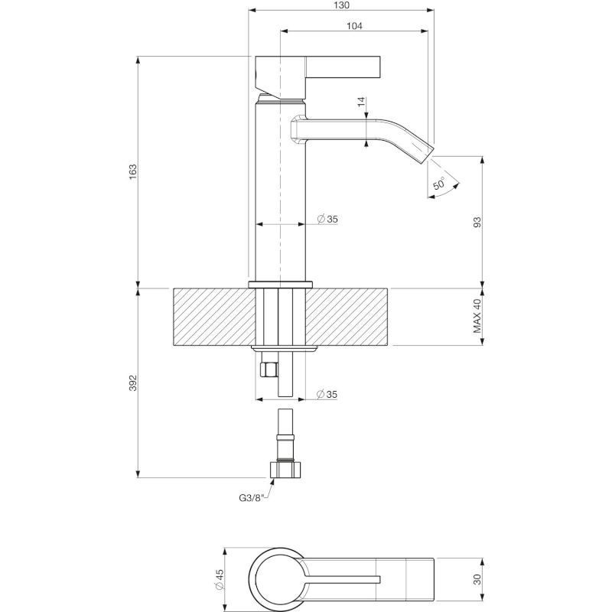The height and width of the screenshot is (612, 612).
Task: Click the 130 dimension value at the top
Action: (x=342, y=5)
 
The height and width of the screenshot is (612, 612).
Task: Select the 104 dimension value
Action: (x=354, y=26)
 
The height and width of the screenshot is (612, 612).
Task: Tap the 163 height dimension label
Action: (x=133, y=171)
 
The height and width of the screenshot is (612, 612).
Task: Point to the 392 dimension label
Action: (x=133, y=383)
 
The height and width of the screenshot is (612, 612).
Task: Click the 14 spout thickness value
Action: (x=361, y=102)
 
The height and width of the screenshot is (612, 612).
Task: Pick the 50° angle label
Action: (x=439, y=183)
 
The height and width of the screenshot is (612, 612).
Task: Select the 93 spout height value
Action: (x=477, y=222)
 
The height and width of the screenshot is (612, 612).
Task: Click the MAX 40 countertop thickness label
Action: (x=477, y=315)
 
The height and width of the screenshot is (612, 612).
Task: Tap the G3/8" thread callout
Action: (x=252, y=498)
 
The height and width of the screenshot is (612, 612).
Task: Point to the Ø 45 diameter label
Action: (x=219, y=579)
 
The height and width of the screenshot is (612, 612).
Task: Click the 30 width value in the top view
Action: (x=477, y=579)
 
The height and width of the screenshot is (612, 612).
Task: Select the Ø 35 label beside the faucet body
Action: (x=327, y=219)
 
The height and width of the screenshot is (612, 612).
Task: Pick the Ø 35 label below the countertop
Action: (x=327, y=394)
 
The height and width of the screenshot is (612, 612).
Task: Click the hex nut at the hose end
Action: (x=285, y=469)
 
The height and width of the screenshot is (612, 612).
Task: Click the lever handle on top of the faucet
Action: (x=317, y=77)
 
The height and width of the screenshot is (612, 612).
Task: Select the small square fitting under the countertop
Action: (x=269, y=369)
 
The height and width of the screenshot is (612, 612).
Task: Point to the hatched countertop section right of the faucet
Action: (x=347, y=317)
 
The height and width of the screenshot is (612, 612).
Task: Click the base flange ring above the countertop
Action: (x=281, y=284)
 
